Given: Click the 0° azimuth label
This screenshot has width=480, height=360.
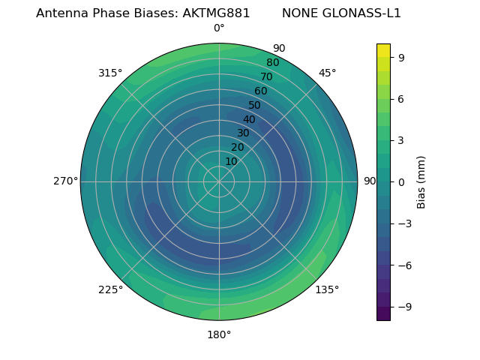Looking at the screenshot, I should tap(219, 28).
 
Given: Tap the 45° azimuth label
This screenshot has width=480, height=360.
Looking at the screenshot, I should tap(327, 73).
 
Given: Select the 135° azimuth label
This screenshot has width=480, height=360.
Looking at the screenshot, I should tap(327, 289).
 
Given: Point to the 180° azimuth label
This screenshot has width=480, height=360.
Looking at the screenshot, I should tap(219, 334).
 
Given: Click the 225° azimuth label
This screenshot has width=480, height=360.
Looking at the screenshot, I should tap(110, 289).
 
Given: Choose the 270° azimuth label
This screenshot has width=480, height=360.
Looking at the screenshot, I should tap(66, 181).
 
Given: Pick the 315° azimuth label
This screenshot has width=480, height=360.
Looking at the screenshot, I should tap(110, 73).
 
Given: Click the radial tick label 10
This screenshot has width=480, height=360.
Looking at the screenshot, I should tap(231, 161).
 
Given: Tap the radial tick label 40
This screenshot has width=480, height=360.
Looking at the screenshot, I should tap(249, 119).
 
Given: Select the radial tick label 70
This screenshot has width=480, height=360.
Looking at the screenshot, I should tap(266, 77).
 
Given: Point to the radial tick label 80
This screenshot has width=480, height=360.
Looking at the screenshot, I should tap(272, 63).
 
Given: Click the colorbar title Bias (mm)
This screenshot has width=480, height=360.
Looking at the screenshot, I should tap(421, 182).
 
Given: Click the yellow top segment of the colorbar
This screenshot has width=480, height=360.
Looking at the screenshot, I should tap(383, 50).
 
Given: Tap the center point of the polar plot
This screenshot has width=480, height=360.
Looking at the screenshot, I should tap(219, 181).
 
